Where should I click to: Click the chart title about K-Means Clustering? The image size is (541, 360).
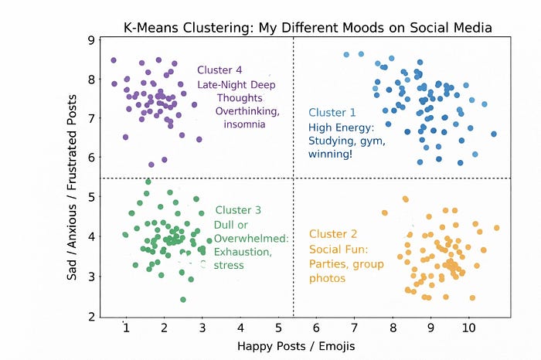click(x=308, y=29)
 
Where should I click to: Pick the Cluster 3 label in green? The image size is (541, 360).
click(x=238, y=210)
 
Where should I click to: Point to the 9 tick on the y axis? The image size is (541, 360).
click(x=92, y=40)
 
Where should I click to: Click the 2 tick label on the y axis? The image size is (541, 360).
click(x=92, y=316)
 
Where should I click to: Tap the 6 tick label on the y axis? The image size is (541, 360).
click(x=92, y=158)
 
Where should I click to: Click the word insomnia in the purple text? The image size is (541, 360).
click(x=245, y=125)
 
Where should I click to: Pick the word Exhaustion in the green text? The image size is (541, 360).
click(x=243, y=252)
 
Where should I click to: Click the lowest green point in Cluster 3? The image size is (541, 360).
click(x=183, y=300)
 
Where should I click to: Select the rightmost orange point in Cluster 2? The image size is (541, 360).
click(x=497, y=228)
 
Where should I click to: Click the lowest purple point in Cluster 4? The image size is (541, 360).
click(x=151, y=165)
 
